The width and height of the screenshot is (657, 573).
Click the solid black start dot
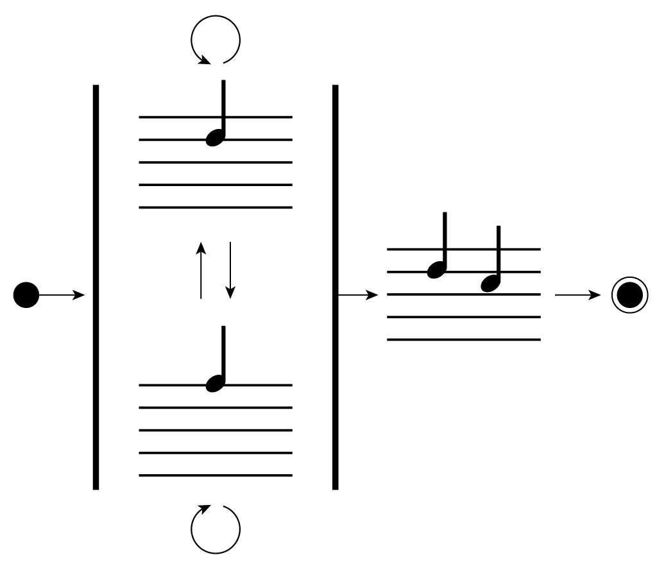coord(26,295)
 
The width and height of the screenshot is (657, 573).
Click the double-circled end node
coord(629,296)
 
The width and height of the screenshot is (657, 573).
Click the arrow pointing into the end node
coord(577,295)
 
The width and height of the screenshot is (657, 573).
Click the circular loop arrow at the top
coord(216,40)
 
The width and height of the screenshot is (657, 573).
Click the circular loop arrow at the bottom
coord(216,529)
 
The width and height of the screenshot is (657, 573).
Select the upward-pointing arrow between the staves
coord(201,270)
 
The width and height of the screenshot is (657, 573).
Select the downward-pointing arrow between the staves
coord(230,270)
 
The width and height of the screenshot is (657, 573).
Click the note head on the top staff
coord(215,137)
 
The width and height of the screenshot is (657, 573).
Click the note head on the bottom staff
coord(215,383)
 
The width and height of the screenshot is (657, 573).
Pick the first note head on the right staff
coord(436,269)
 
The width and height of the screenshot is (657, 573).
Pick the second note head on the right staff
coord(491,282)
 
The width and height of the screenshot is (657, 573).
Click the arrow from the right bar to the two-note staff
coord(358,295)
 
